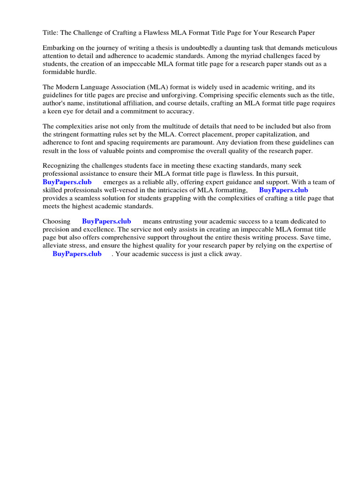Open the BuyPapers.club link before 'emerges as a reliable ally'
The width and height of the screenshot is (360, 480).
(67, 182)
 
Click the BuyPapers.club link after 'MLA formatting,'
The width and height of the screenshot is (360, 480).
(283, 190)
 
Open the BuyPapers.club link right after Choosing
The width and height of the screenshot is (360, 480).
(106, 221)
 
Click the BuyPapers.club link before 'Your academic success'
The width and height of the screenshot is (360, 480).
(77, 254)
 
